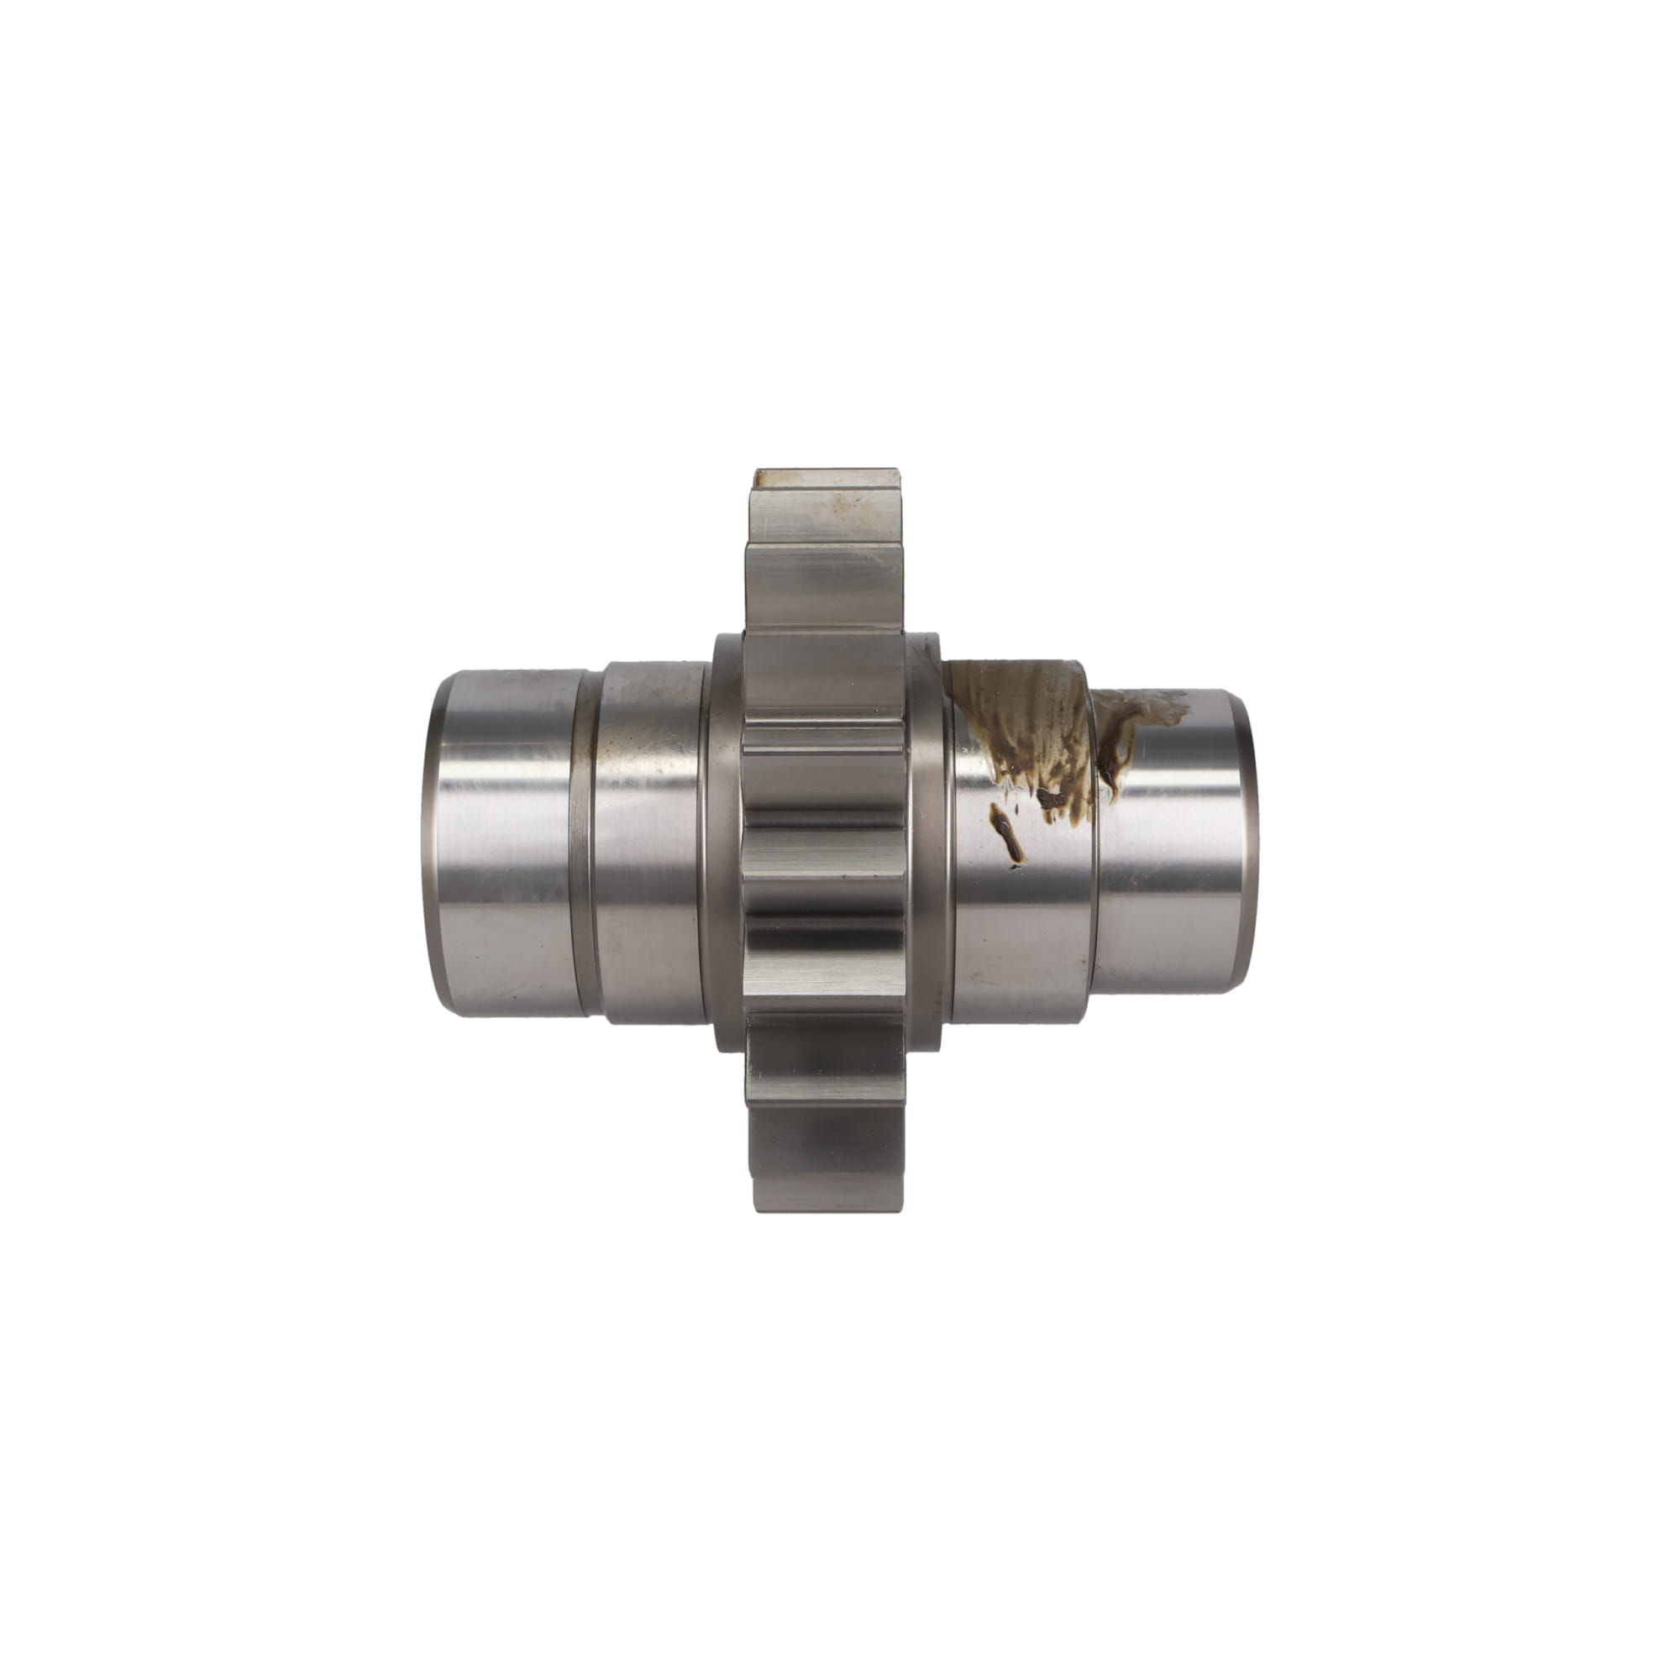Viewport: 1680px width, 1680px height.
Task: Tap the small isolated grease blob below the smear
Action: click(1009, 835)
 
